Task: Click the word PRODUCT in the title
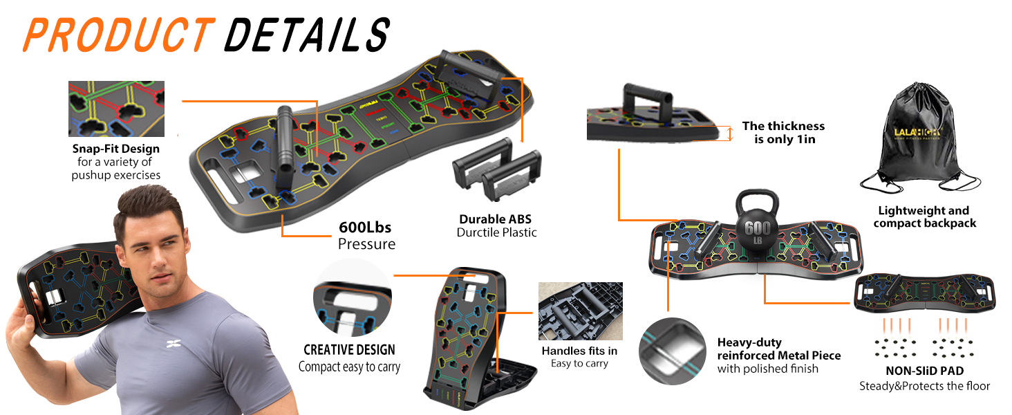116,35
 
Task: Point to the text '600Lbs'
366,228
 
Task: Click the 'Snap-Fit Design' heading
115,149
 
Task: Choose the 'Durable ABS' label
496,219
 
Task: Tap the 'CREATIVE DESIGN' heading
349,350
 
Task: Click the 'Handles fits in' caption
579,351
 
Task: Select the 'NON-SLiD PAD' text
924,371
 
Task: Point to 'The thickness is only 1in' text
783,132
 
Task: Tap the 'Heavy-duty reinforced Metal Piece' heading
778,349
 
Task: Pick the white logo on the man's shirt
174,344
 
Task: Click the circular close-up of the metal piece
672,349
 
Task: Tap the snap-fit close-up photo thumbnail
116,109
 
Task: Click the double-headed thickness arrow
730,133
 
